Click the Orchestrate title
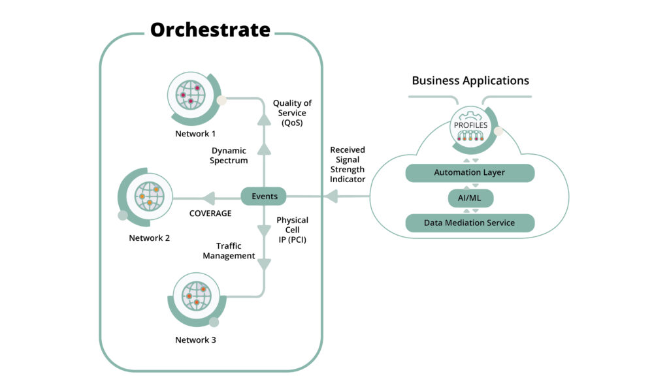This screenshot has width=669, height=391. coord(210,30)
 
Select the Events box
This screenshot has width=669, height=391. coord(264,196)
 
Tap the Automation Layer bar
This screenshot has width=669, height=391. coord(470,173)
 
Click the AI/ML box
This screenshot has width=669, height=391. coord(470,198)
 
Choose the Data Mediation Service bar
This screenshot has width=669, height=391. coord(470,223)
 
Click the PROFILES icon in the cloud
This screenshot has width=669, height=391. coord(470,126)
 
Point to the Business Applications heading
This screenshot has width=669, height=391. coord(470,81)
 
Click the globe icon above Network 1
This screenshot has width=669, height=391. coord(190,95)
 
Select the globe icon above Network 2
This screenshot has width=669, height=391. coord(149,195)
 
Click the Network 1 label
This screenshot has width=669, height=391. coord(195,134)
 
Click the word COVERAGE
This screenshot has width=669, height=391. coord(211,213)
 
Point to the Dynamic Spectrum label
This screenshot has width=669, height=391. coord(229,155)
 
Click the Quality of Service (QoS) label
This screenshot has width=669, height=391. coord(292,113)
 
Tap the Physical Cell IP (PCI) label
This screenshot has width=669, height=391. coord(292,230)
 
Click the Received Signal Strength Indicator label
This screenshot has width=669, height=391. coord(348,164)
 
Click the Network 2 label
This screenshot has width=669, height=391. coord(149,238)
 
